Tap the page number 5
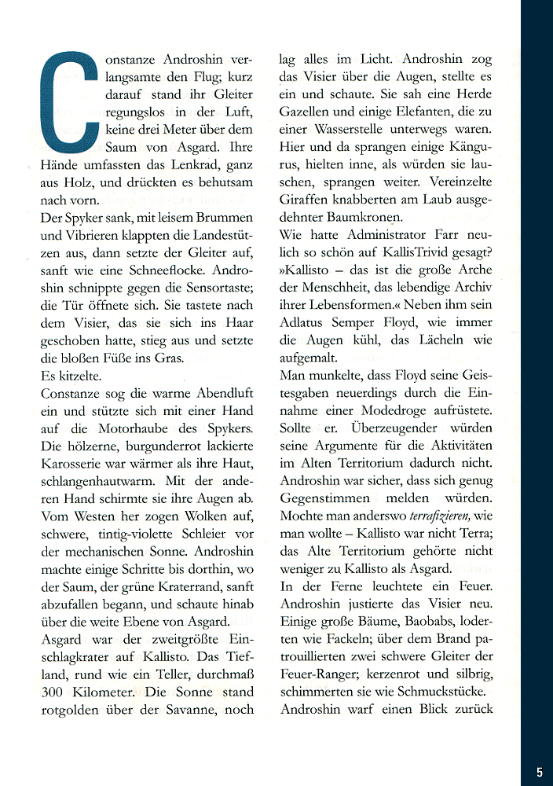(540, 773)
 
